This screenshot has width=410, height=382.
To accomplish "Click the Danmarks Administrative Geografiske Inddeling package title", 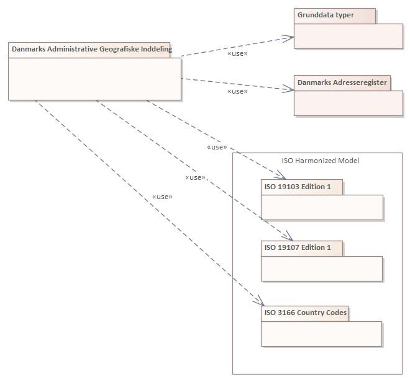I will click(91, 50).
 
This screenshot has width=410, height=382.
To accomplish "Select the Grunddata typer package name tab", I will click(326, 16).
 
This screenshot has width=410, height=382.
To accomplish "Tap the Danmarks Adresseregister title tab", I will click(342, 82).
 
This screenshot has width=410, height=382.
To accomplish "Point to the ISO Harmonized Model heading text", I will click(320, 161).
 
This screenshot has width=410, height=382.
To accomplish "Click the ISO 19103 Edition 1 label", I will click(298, 187).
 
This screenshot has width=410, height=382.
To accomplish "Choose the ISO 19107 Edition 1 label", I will click(298, 247).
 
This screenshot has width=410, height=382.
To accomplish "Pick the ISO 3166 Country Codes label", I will click(305, 313).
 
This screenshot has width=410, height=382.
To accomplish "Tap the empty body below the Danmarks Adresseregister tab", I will click(348, 103).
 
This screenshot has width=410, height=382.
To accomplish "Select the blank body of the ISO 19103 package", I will click(322, 207).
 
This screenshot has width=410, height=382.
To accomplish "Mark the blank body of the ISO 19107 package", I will click(322, 269).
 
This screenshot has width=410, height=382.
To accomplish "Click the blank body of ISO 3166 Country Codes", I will click(321, 334).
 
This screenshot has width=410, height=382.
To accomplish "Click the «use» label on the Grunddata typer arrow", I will click(237, 53).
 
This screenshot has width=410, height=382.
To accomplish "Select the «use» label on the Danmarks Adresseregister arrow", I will click(237, 91).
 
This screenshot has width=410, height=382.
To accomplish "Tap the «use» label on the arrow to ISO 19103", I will click(216, 148).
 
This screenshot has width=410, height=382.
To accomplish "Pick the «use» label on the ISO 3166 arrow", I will click(162, 197).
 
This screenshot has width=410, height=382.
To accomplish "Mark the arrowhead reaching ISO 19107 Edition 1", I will click(288, 237).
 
